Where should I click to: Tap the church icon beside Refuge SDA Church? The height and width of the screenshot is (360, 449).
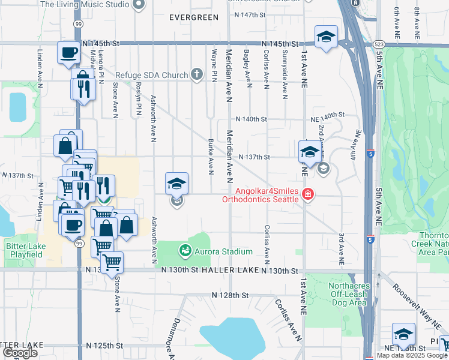coord(196,75)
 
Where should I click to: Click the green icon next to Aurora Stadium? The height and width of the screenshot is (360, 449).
coord(185,250)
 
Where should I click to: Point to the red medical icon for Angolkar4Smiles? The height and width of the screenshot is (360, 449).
coord(308,194)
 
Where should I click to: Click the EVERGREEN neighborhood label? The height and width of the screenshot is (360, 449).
coord(194,17)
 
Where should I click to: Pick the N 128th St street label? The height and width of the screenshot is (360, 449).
coord(230,296)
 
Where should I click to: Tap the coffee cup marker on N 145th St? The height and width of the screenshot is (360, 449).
coord(68,52)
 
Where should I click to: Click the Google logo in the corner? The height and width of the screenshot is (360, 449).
coord(20,352)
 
